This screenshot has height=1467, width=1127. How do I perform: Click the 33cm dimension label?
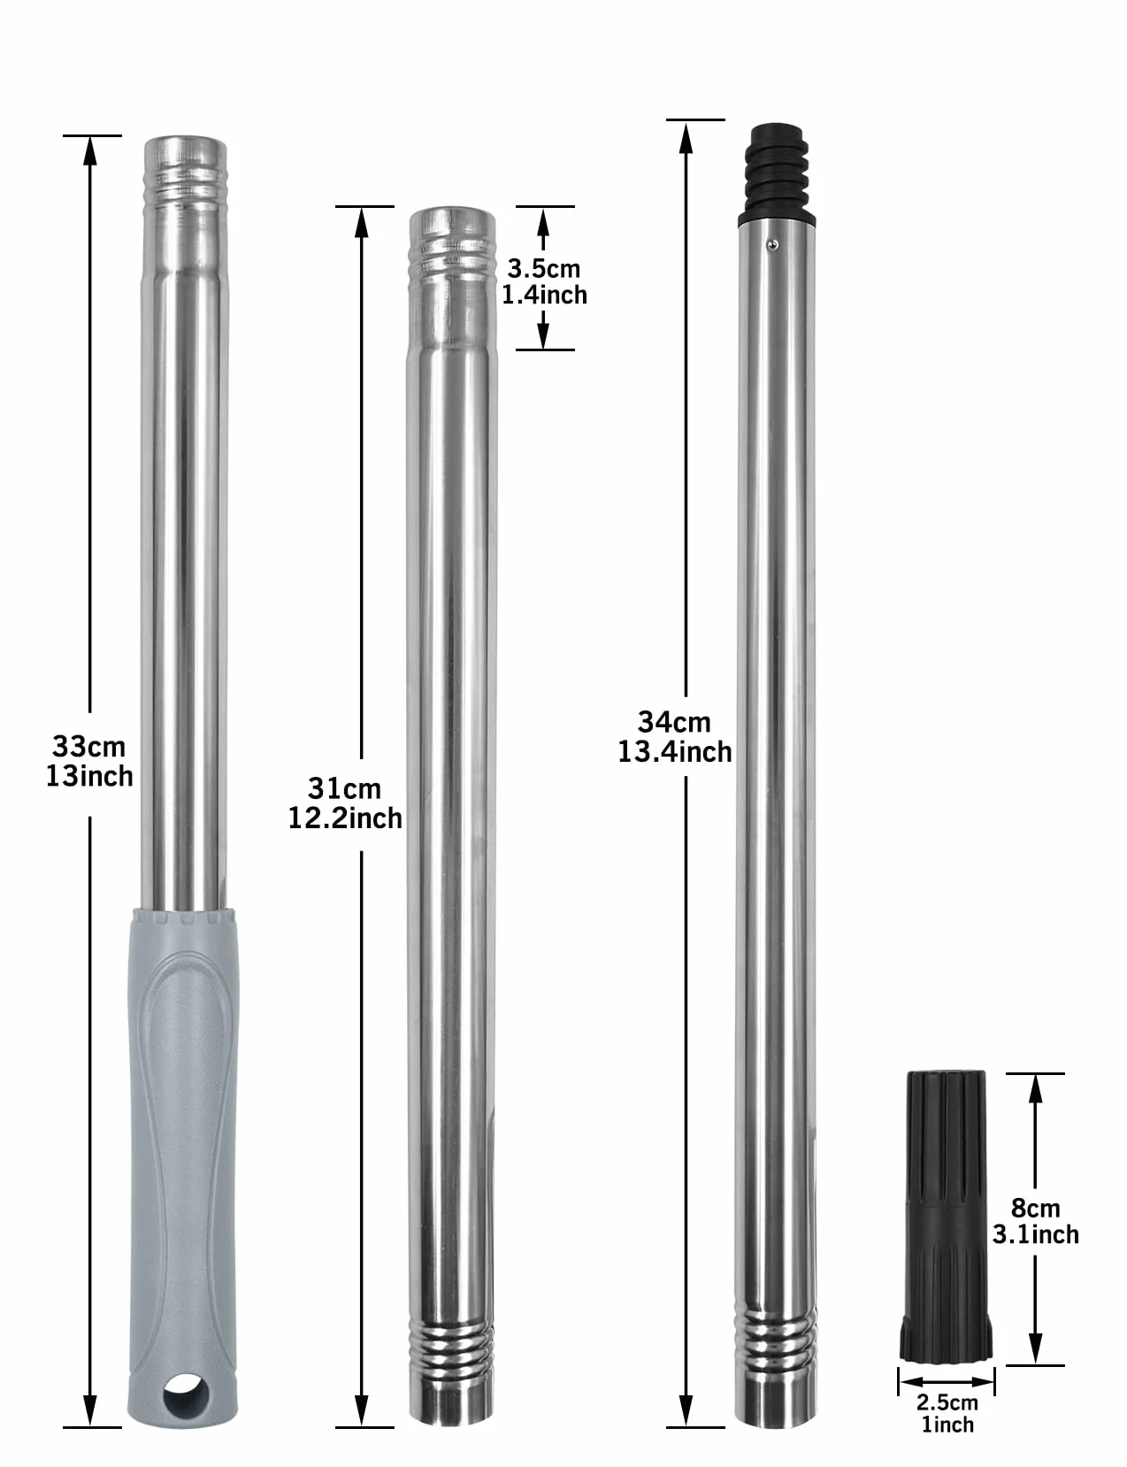coord(88,747)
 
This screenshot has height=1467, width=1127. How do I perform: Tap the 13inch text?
coord(89,776)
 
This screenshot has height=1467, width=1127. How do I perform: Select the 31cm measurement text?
coord(344,788)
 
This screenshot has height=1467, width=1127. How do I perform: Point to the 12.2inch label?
coord(345,818)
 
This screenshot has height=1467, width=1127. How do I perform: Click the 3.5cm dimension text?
coord(544,269)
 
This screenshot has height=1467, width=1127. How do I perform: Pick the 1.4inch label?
coord(544,295)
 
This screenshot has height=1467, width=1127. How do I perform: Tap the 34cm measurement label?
coord(674,722)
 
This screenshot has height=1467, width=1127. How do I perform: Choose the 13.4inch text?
coord(675,752)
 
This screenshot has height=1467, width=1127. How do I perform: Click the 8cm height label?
coord(1035,1208)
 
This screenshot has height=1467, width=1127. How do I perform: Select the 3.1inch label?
coord(1035,1235)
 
